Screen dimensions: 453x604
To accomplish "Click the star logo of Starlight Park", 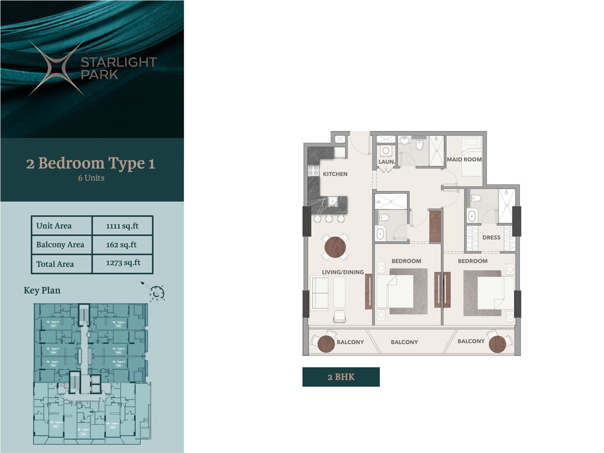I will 57,68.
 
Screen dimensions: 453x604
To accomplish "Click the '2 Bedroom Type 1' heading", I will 91,163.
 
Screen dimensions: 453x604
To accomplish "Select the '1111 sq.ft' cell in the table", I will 122,226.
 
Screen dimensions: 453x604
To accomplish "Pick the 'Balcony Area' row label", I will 60,245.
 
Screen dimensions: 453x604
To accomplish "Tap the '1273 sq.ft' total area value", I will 123,263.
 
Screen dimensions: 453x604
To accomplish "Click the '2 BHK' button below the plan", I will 341,377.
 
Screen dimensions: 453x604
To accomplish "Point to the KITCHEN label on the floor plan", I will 335,174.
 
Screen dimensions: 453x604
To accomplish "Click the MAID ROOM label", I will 464,159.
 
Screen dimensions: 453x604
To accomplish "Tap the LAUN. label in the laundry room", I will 386,162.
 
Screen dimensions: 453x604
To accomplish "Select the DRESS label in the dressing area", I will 491,237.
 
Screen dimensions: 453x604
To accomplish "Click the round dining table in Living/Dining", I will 335,247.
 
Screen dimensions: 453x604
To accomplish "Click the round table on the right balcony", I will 497,344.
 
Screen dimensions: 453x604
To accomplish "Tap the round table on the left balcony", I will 326,343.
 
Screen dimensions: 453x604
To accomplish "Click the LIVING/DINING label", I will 343,272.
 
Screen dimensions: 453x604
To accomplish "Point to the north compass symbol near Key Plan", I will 156,293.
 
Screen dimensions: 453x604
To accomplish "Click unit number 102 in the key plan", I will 83,434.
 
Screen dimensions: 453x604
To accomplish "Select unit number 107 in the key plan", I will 53,326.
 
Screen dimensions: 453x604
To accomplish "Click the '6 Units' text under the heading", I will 91,178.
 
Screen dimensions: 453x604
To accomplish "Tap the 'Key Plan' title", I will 42,290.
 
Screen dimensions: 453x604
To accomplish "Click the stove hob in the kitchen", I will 313,171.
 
